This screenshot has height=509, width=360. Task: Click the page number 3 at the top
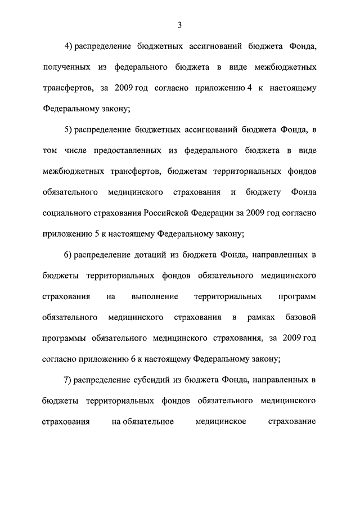179,25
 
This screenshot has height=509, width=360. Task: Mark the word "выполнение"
155,297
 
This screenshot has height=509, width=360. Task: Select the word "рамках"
261,318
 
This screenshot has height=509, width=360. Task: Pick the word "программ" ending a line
298,297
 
